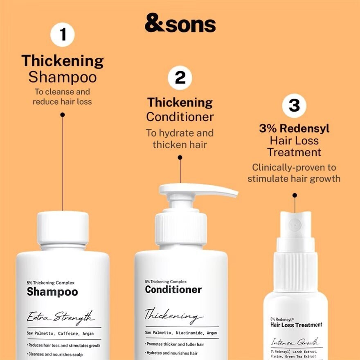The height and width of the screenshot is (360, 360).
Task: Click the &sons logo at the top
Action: [x=180, y=24]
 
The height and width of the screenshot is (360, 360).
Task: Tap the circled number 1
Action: [x=63, y=35]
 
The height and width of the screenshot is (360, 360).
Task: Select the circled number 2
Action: [x=180, y=78]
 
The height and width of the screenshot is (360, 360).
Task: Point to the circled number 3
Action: [x=294, y=105]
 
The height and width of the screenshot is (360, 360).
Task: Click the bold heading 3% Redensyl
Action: [x=294, y=128]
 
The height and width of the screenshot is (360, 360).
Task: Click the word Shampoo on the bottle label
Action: [x=52, y=292]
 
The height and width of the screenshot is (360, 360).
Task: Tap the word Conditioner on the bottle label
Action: [x=173, y=290]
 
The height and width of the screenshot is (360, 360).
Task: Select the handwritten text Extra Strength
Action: [x=61, y=317]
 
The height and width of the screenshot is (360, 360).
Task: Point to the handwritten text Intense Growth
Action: [x=295, y=342]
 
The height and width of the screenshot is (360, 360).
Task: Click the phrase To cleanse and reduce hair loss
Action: [x=62, y=97]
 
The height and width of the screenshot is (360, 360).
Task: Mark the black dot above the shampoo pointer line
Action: [x=63, y=115]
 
